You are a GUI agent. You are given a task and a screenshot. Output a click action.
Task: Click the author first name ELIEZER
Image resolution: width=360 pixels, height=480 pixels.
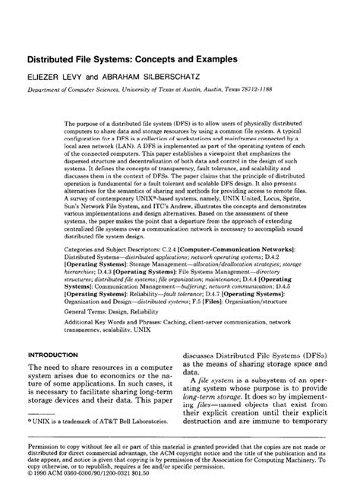pos(46,76)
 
